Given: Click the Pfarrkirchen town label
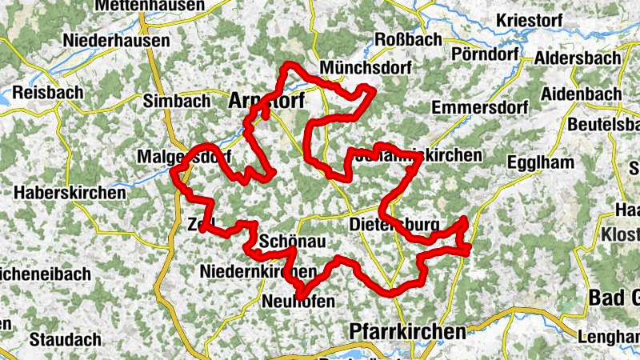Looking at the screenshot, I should (x=407, y=331).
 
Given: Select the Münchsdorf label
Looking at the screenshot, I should (x=365, y=68).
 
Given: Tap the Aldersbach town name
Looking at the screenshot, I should (x=577, y=59).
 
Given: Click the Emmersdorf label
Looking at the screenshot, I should (x=479, y=107).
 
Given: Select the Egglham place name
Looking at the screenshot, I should (x=541, y=163).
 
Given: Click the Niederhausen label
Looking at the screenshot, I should (x=117, y=40).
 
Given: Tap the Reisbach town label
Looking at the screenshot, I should (x=48, y=93).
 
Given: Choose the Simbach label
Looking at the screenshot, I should (x=176, y=101).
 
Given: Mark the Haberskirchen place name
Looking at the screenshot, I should (x=70, y=193).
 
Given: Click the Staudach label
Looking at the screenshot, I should (x=64, y=338).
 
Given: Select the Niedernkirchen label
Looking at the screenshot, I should (x=257, y=272).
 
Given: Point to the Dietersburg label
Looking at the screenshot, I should (x=394, y=225).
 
